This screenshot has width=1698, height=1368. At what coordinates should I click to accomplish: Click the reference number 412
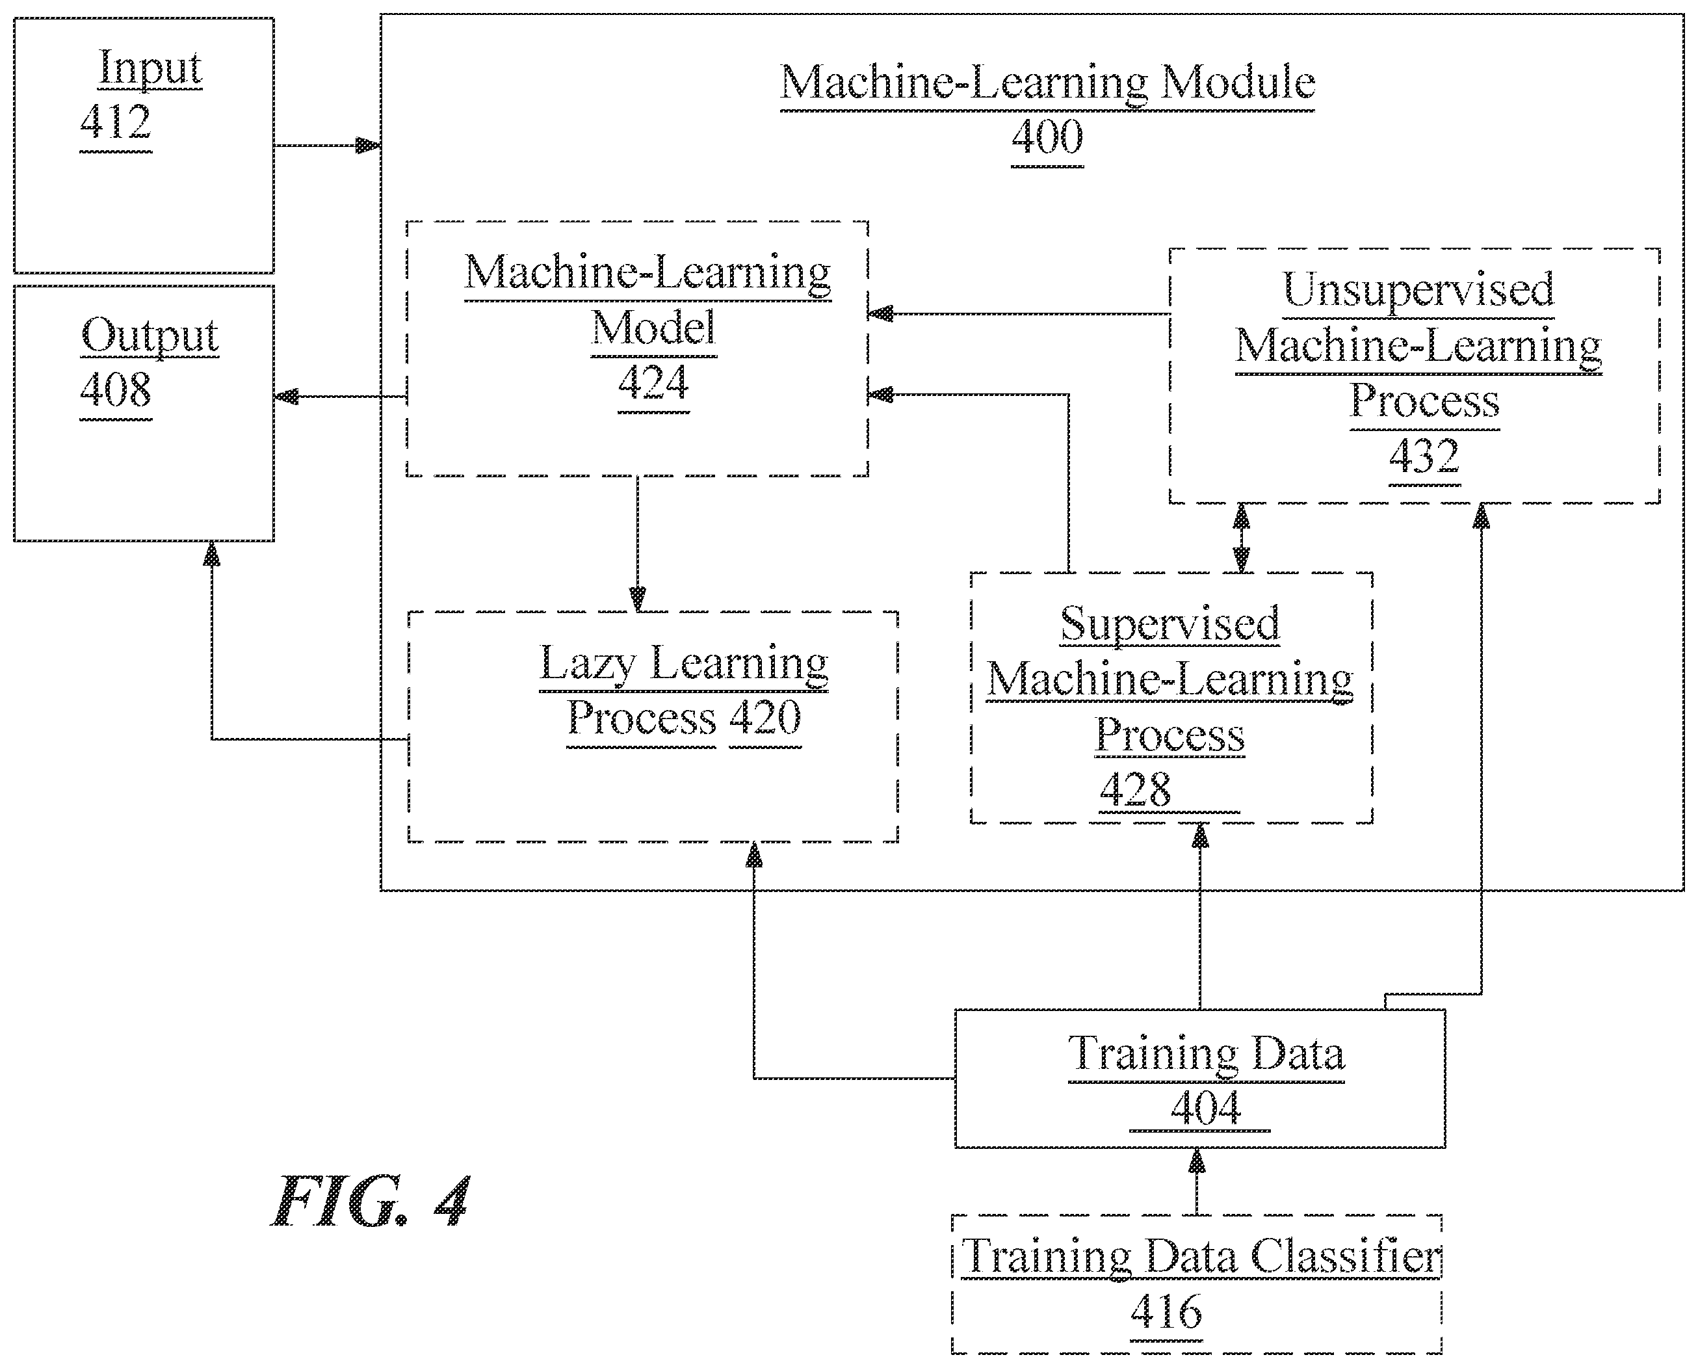pos(116,122)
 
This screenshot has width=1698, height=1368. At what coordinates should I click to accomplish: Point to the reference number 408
pos(116,389)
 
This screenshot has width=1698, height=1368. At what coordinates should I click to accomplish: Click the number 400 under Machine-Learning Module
pos(1047,137)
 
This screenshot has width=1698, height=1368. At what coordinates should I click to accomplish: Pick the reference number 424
pos(653,383)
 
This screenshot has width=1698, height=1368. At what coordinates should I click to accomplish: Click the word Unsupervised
pos(1418,290)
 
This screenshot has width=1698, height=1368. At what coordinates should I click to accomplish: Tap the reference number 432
pos(1424,456)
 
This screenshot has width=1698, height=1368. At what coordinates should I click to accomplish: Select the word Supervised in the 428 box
pos(1169,625)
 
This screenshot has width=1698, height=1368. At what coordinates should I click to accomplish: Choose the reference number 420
pos(765,718)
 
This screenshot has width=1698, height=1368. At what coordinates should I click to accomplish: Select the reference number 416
pos(1166,1311)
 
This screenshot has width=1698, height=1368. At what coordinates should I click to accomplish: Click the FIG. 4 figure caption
pos(371,1202)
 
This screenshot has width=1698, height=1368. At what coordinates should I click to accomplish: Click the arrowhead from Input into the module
pos(368,146)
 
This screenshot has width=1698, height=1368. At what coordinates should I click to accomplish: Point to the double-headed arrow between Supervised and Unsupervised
pos(1242,538)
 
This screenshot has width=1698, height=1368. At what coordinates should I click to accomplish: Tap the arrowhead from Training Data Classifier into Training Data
pos(1197,1161)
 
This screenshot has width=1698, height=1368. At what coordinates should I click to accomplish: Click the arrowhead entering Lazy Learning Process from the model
pos(638,598)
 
